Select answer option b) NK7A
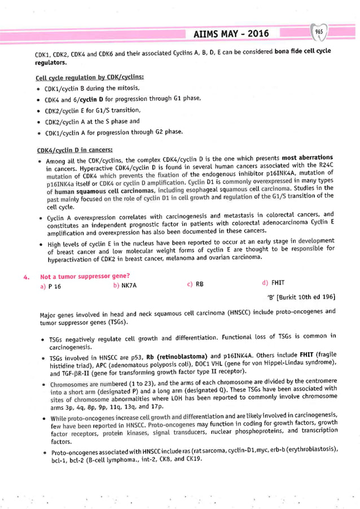coord(125,286)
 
